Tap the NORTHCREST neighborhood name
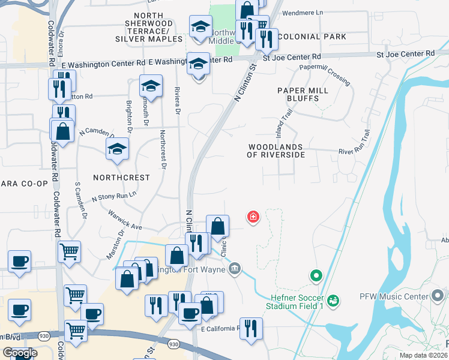(121, 178)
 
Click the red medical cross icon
(253, 217)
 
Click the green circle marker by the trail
(316, 276)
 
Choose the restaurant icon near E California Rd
(251, 328)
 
